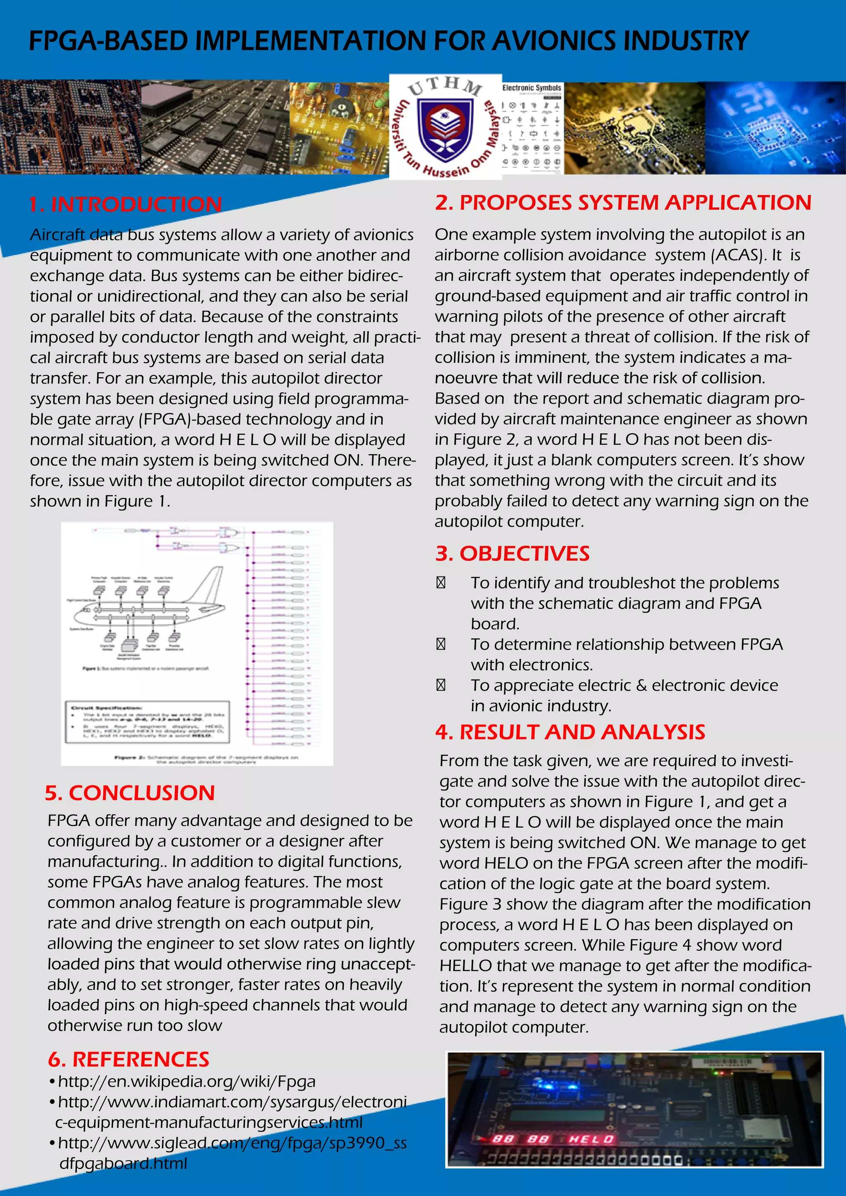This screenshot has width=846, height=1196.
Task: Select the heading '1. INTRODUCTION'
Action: click(x=126, y=204)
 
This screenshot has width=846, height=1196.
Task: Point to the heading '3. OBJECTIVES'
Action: click(x=512, y=553)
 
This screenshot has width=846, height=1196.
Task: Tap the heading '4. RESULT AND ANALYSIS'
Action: click(x=570, y=732)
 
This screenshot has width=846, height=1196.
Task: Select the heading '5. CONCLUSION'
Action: click(x=130, y=793)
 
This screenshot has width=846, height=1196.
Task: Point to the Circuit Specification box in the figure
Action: click(x=147, y=722)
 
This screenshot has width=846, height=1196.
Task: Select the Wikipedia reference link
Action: click(x=186, y=1082)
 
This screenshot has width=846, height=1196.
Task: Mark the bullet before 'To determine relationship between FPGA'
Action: click(x=441, y=644)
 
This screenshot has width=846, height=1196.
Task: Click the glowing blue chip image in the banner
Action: click(x=775, y=128)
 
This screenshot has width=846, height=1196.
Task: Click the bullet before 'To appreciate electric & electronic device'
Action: click(x=441, y=686)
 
